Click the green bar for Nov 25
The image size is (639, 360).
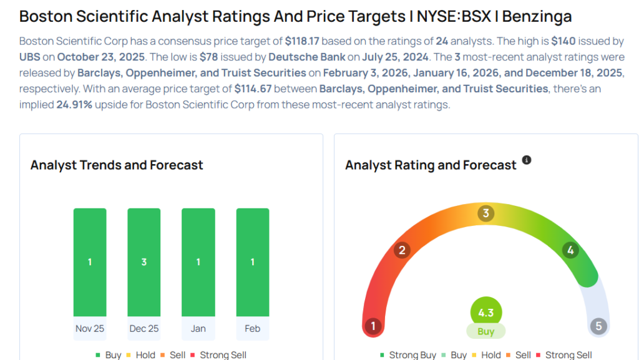pyautogui.click(x=90, y=262)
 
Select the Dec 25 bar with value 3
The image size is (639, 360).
pyautogui.click(x=144, y=262)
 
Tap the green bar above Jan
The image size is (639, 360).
pyautogui.click(x=198, y=262)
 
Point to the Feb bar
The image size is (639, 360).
pyautogui.click(x=253, y=262)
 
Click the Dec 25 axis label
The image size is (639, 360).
pyautogui.click(x=144, y=328)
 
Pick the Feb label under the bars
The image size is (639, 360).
pyautogui.click(x=253, y=328)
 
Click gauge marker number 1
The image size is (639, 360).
pyautogui.click(x=373, y=326)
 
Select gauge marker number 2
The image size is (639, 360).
pyautogui.click(x=402, y=251)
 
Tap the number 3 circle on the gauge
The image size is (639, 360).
pyautogui.click(x=485, y=213)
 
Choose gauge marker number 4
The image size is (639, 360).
pyautogui.click(x=570, y=251)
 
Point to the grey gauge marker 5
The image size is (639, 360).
pyautogui.click(x=598, y=326)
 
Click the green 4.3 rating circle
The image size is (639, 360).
pyautogui.click(x=485, y=312)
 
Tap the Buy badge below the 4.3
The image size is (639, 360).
pyautogui.click(x=485, y=331)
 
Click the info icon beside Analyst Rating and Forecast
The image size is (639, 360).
pyautogui.click(x=527, y=160)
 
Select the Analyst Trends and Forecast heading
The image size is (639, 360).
pyautogui.click(x=117, y=165)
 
